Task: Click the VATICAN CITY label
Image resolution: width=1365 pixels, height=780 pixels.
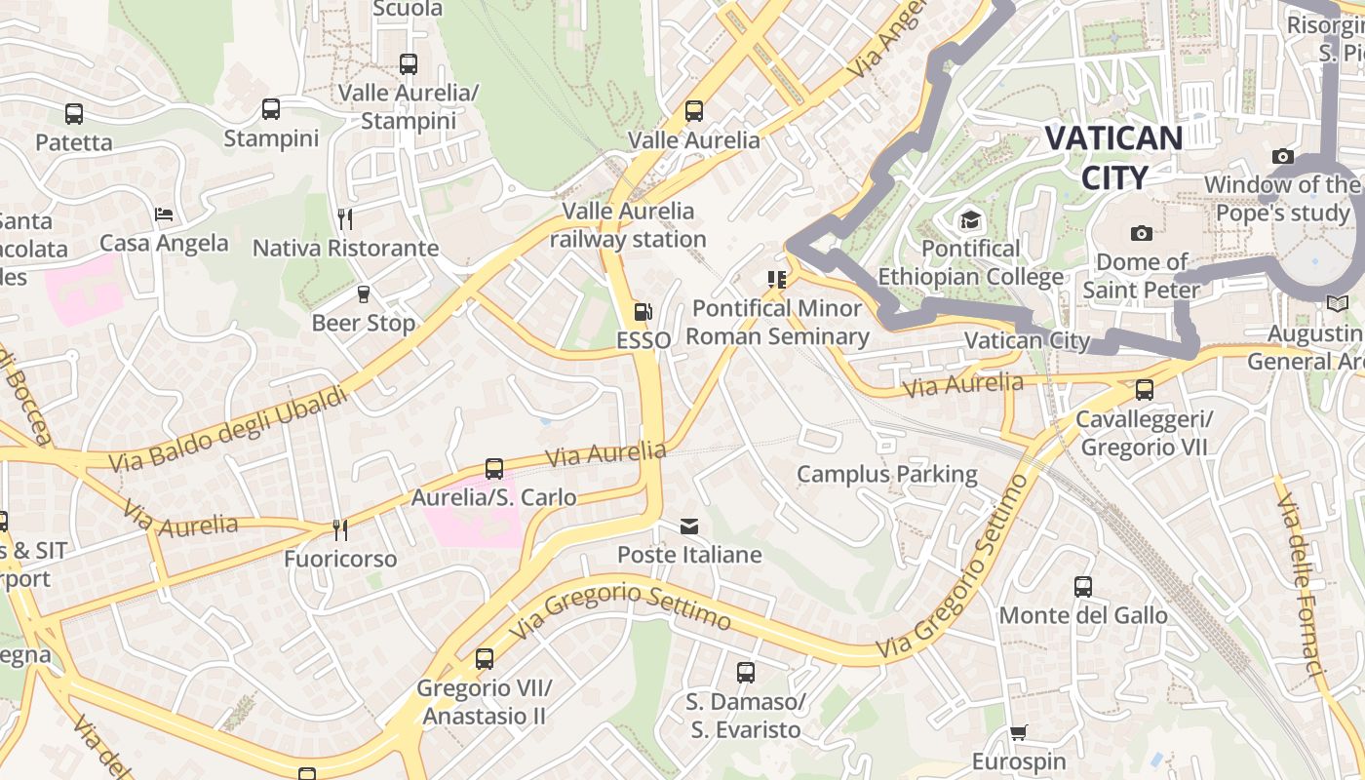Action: pyautogui.click(x=1113, y=157)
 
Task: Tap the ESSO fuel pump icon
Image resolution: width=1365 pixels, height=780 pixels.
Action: pyautogui.click(x=643, y=312)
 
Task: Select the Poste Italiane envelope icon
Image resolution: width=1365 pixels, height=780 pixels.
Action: pyautogui.click(x=689, y=526)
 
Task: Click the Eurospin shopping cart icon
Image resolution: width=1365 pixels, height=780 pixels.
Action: pyautogui.click(x=1018, y=733)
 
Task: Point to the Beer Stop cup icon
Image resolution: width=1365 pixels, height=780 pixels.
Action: pyautogui.click(x=364, y=293)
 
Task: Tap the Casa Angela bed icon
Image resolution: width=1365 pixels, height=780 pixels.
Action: pyautogui.click(x=164, y=214)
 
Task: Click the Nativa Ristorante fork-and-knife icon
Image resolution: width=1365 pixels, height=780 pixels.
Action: pyautogui.click(x=344, y=218)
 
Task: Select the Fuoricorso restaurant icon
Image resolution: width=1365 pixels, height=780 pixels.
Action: pyautogui.click(x=339, y=529)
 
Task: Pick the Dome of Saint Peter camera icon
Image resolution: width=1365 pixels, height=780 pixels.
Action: pyautogui.click(x=1141, y=233)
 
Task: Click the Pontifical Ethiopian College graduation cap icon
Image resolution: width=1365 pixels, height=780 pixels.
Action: pyautogui.click(x=969, y=219)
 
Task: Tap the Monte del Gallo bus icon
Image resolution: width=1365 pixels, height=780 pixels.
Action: pyautogui.click(x=1082, y=586)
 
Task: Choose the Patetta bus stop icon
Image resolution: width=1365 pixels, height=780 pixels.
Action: pyautogui.click(x=74, y=114)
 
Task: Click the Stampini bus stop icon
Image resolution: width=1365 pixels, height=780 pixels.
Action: pyautogui.click(x=271, y=109)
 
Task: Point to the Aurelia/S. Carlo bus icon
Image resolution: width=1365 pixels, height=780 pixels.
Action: pyautogui.click(x=494, y=468)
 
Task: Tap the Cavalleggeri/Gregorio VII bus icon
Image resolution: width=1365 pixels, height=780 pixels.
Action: pyautogui.click(x=1144, y=390)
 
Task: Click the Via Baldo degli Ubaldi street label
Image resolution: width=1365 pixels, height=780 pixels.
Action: pyautogui.click(x=228, y=430)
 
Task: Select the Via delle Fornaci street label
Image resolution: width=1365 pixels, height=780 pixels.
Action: pyautogui.click(x=1302, y=585)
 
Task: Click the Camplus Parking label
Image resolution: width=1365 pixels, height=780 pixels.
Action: pyautogui.click(x=886, y=475)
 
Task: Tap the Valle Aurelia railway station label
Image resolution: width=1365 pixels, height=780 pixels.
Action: pyautogui.click(x=628, y=225)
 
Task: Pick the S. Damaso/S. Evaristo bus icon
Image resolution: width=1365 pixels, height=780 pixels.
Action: pyautogui.click(x=746, y=672)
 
